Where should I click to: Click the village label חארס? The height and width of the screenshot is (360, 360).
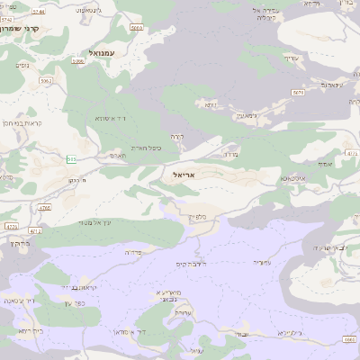tap(117, 155)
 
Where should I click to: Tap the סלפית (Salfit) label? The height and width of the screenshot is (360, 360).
tap(199, 217)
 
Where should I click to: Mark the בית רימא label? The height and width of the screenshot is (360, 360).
tap(29, 331)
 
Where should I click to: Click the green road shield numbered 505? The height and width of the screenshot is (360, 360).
tap(70, 159)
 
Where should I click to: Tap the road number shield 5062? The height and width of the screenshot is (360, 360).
tap(136, 29)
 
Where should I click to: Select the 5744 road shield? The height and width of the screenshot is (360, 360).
tap(211, 105)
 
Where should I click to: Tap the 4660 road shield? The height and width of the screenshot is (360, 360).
tap(349, 338)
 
